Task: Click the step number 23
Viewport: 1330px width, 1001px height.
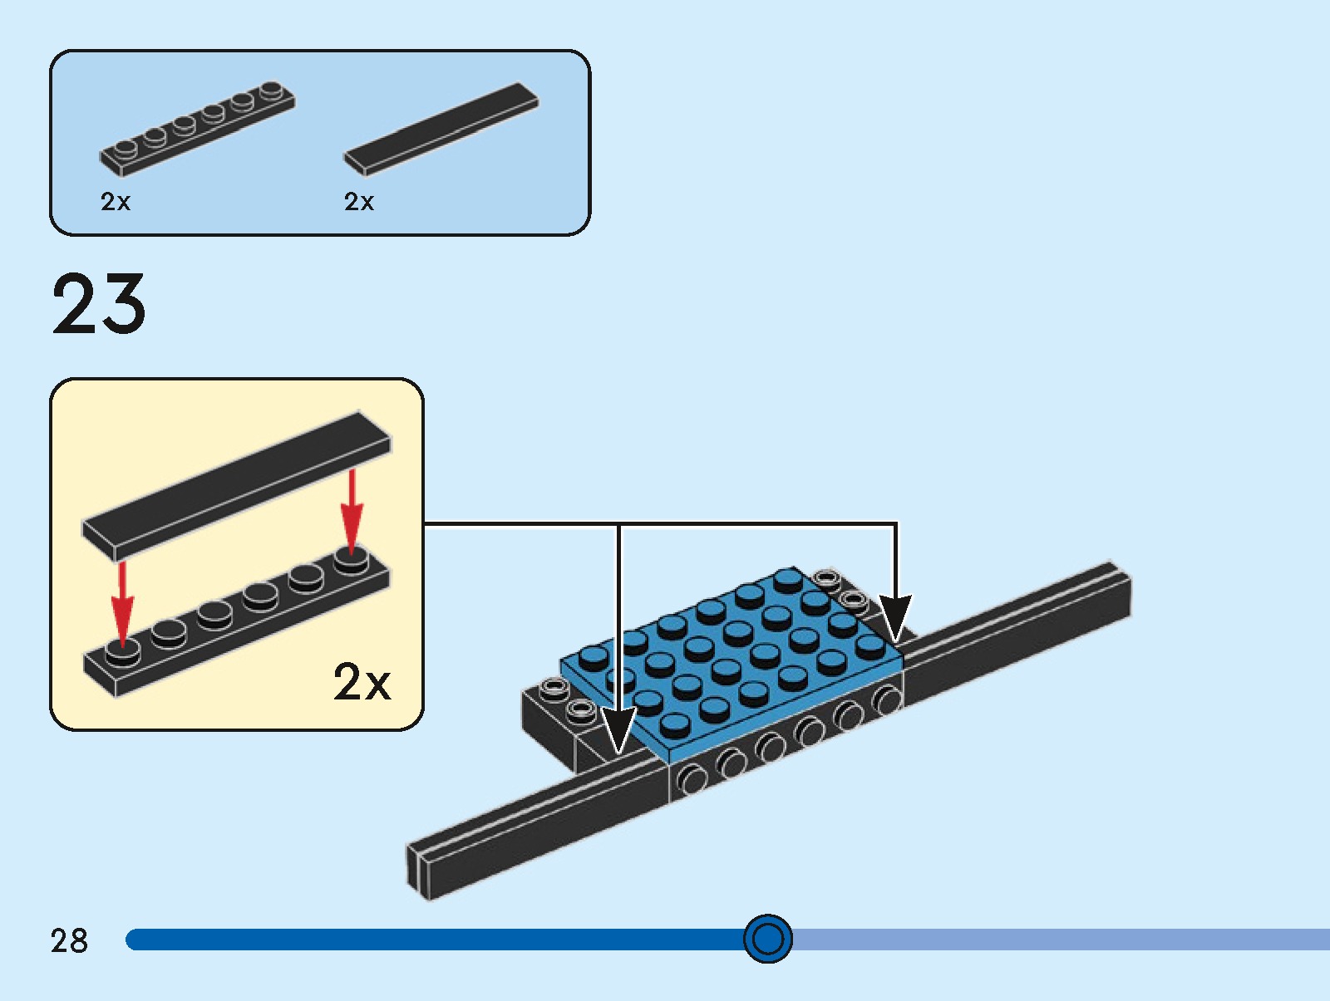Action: click(x=99, y=305)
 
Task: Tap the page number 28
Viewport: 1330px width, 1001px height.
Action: click(x=69, y=940)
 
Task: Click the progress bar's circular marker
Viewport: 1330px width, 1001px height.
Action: click(x=767, y=939)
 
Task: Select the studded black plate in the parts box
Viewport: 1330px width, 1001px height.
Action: click(x=198, y=129)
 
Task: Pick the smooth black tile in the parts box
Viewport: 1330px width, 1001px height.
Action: click(x=441, y=129)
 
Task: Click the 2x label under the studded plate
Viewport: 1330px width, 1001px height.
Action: click(x=116, y=202)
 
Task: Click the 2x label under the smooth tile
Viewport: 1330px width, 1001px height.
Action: click(x=359, y=202)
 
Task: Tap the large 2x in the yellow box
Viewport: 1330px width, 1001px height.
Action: click(x=362, y=682)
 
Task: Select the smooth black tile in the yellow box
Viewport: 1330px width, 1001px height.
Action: click(x=236, y=486)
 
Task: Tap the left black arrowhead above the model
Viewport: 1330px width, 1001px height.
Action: click(x=618, y=731)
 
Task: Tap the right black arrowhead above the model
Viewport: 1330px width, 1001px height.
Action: click(x=895, y=619)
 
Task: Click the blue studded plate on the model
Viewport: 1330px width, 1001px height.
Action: click(x=731, y=656)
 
